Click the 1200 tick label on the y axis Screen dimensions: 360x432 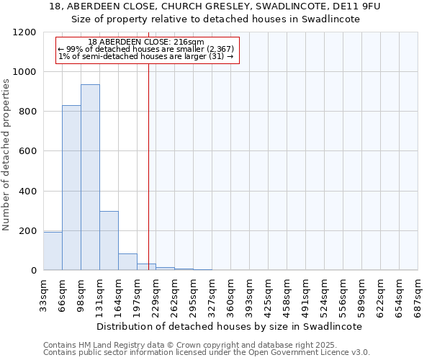[x=24, y=32]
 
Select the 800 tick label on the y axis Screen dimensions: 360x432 [x=27, y=112]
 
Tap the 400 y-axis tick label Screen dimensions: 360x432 [x=27, y=192]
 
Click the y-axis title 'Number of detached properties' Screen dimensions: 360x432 [x=6, y=155]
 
